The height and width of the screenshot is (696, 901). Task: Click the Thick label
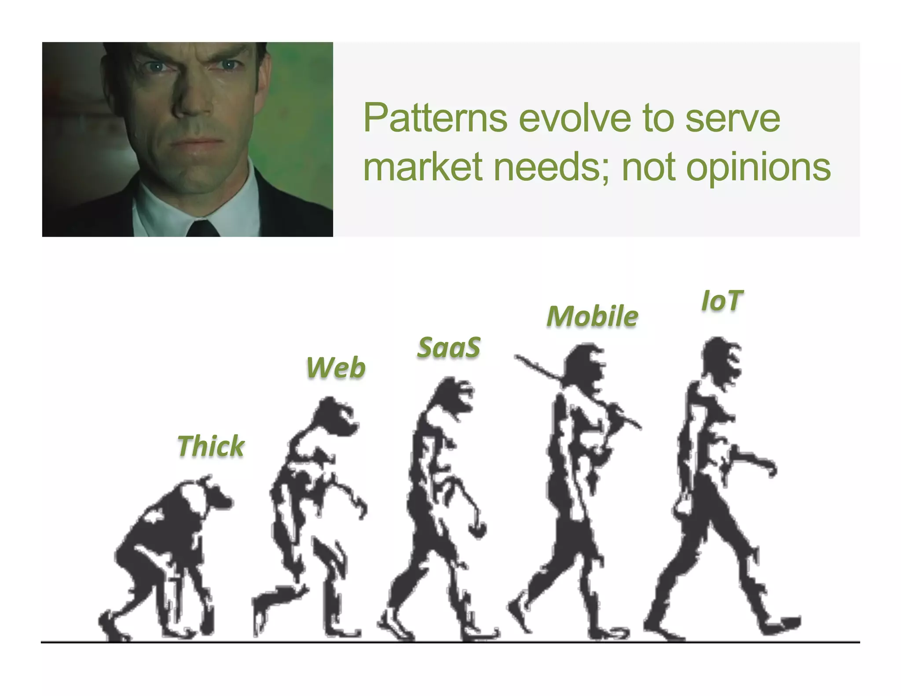coord(211,446)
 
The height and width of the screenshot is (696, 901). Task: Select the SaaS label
coord(448,347)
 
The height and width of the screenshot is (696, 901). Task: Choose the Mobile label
coord(592,316)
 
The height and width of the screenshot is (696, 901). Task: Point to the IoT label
coord(722,301)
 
